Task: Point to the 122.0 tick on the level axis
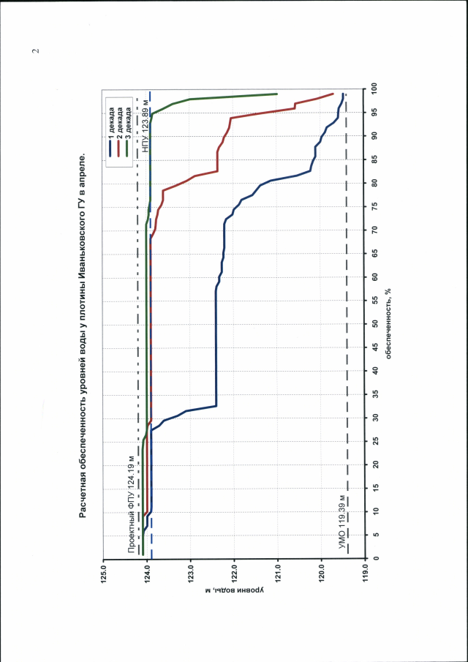235,568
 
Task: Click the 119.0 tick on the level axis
366,568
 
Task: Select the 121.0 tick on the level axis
279,568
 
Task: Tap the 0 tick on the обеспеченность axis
374,558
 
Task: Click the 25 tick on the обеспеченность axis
374,441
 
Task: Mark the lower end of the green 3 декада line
278,94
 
